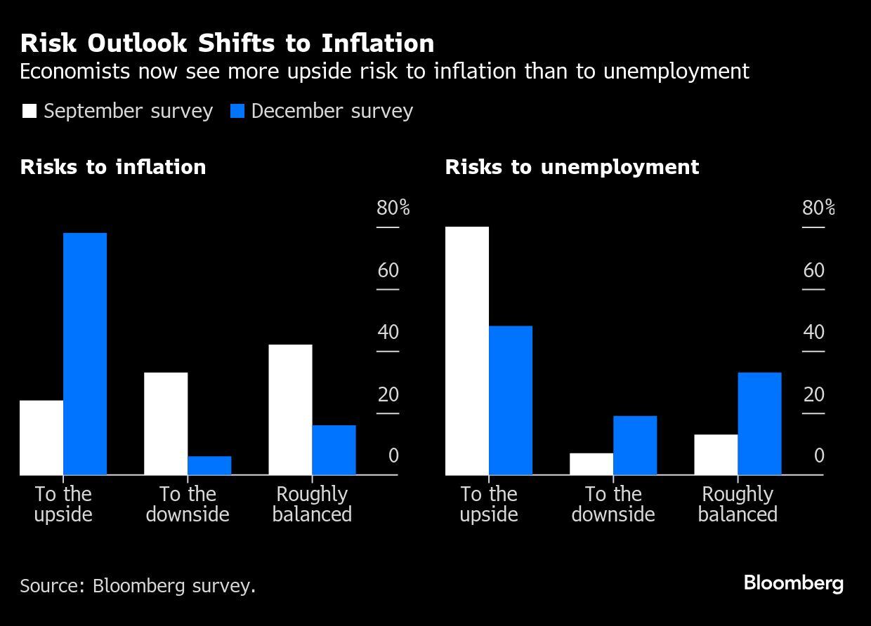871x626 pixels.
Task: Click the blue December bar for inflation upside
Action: pos(85,354)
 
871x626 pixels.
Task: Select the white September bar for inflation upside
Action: pos(41,437)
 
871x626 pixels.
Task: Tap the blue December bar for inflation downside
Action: pos(209,465)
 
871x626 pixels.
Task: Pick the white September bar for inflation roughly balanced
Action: pos(290,410)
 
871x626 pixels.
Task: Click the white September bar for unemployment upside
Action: pos(467,351)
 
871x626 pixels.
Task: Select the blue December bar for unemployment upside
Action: pos(511,400)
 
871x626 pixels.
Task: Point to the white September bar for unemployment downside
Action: pos(591,464)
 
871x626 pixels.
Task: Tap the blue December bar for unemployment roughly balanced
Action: pos(759,423)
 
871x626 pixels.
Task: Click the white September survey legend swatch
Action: pos(30,111)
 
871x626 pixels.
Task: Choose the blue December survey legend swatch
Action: pos(237,111)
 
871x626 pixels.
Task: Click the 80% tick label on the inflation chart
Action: pos(393,208)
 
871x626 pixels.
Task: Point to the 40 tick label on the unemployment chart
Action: pos(813,332)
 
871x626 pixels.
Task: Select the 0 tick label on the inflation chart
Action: pos(393,456)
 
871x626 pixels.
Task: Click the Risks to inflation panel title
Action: pos(113,167)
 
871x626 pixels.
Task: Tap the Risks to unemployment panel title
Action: pos(572,167)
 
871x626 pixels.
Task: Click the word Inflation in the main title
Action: pos(378,44)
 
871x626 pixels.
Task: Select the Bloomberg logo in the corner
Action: pos(793,583)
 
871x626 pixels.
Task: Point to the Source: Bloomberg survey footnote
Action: pos(138,585)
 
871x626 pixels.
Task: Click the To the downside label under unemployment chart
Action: pos(613,504)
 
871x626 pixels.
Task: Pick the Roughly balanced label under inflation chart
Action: pos(312,504)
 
